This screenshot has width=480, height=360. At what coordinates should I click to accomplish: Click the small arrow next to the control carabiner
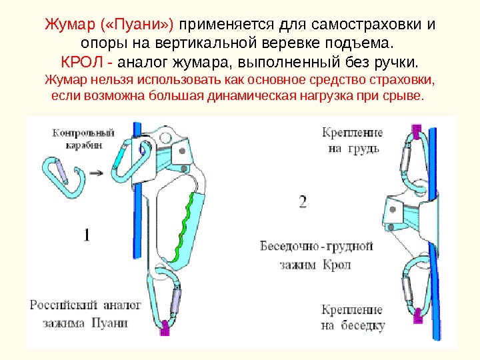click(96, 173)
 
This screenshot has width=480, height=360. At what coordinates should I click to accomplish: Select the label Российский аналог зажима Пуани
click(85, 314)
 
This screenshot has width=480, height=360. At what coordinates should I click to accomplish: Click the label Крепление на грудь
click(351, 140)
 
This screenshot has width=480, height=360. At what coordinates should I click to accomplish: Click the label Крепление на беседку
click(351, 317)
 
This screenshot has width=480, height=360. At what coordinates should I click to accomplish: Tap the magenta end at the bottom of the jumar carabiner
click(167, 327)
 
